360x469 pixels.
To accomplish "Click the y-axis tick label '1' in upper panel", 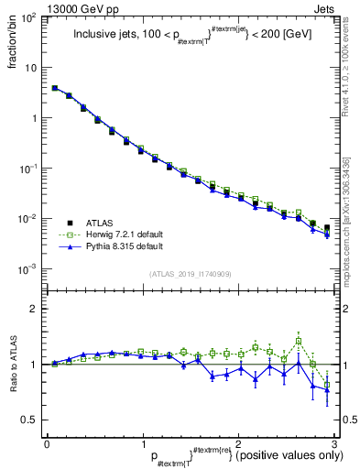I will [x=34, y=119].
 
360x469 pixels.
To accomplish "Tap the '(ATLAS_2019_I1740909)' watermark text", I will [x=190, y=274].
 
